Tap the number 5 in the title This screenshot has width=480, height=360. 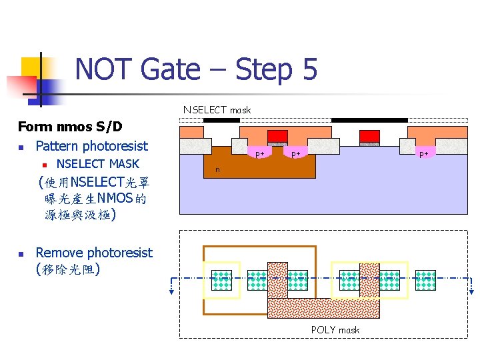307,69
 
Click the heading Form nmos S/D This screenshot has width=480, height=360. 70,127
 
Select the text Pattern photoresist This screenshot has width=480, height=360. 91,146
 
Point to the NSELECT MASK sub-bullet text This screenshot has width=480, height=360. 98,163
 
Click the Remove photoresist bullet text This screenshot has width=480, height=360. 93,253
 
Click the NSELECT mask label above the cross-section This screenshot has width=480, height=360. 217,110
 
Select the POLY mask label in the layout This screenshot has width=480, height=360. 335,330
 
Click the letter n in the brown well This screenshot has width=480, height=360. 217,170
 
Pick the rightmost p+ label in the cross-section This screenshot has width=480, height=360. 423,153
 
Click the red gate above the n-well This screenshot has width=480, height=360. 277,136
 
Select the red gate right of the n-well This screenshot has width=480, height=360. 369,136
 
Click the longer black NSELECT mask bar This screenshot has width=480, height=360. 369,121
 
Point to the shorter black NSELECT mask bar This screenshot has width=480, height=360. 221,121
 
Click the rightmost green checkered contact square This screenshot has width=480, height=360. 425,280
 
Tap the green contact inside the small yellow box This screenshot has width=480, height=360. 221,280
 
